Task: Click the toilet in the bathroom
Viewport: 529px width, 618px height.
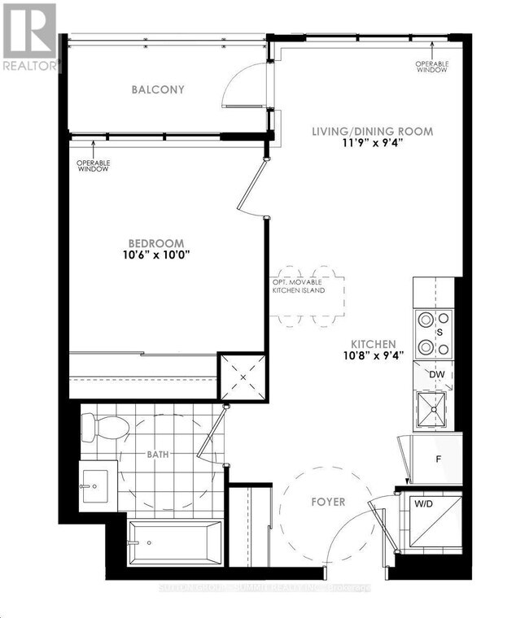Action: pyautogui.click(x=107, y=425)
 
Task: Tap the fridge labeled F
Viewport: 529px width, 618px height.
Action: pyautogui.click(x=438, y=458)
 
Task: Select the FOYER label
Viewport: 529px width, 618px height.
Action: pyautogui.click(x=328, y=502)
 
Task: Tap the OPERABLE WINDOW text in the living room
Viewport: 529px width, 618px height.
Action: pyautogui.click(x=431, y=67)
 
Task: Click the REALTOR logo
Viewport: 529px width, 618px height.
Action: pyautogui.click(x=30, y=37)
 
